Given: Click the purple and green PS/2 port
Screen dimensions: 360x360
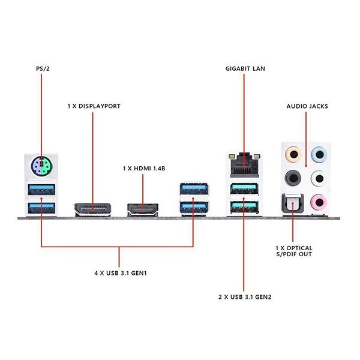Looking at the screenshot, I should pyautogui.click(x=40, y=167).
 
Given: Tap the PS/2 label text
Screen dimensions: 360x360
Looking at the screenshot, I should pyautogui.click(x=40, y=68).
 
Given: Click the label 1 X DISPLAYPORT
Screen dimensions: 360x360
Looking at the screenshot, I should pyautogui.click(x=94, y=106).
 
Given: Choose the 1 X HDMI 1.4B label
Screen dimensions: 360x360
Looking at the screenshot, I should pyautogui.click(x=144, y=168).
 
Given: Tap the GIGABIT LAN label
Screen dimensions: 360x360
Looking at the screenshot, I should pyautogui.click(x=244, y=68).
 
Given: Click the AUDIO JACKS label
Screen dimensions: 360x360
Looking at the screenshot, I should pyautogui.click(x=307, y=106).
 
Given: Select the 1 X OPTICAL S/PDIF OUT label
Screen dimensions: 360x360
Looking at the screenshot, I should pyautogui.click(x=294, y=251).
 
